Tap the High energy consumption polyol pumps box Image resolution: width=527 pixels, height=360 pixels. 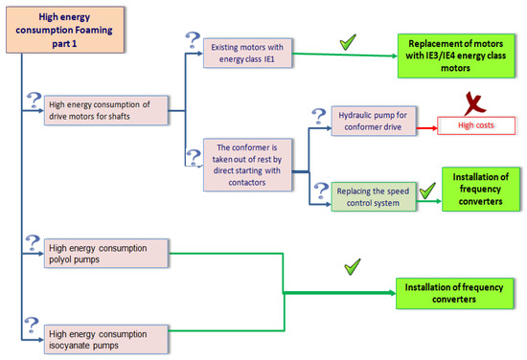111,254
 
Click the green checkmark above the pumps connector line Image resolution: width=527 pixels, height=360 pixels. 353,265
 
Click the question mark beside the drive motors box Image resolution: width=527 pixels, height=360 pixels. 34,99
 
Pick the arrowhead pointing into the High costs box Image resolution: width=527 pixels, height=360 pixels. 437,124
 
